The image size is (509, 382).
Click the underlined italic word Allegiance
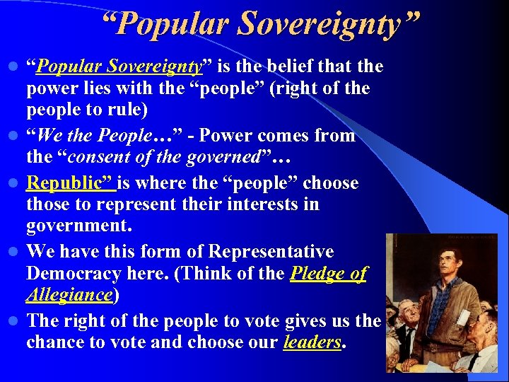click(x=69, y=295)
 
